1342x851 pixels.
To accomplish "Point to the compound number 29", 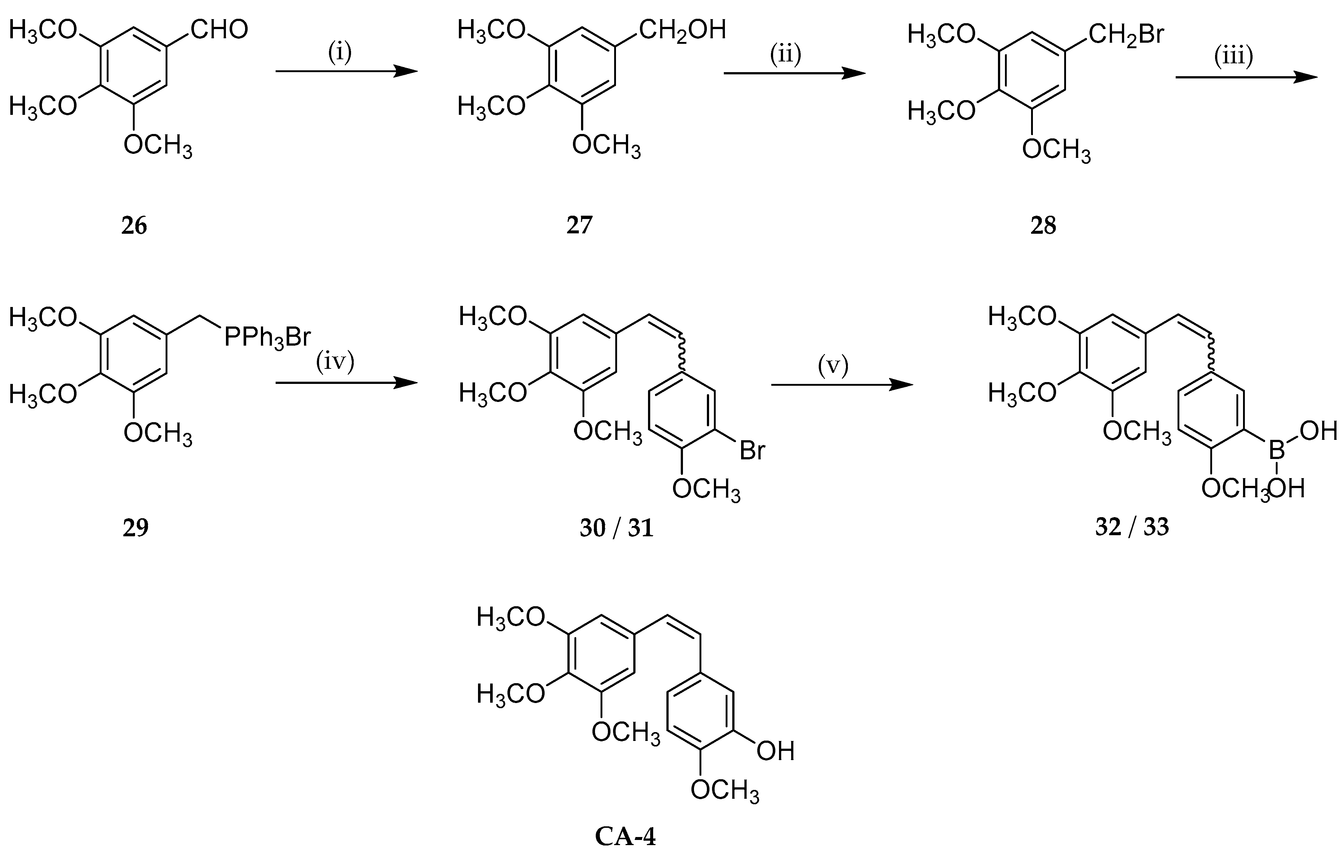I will click(x=135, y=527).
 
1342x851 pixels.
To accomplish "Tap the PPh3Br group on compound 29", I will click(x=267, y=338).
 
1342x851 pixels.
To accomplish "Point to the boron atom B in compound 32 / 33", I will click(x=1276, y=450).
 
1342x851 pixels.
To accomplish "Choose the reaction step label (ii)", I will click(x=785, y=54).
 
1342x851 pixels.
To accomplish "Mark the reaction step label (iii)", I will click(x=1234, y=57).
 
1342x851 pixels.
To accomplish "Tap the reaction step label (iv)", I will click(x=335, y=363).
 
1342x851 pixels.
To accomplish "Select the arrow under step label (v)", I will click(x=842, y=385).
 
